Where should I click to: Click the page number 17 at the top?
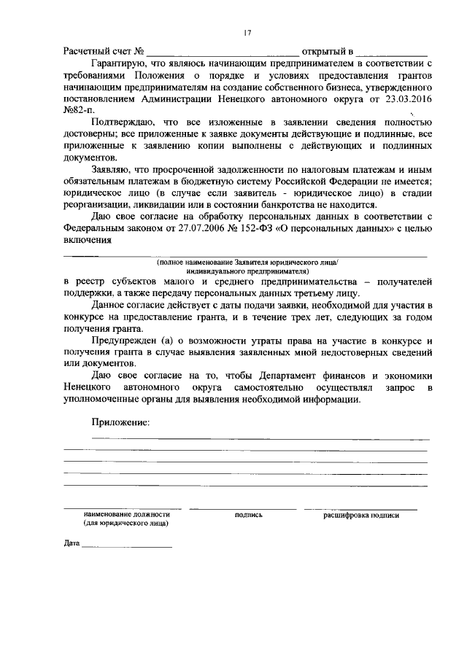248,31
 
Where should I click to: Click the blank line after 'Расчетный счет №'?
223,54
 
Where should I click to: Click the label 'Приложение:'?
120,422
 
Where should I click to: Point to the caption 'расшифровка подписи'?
361,515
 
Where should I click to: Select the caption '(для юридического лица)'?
126,524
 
